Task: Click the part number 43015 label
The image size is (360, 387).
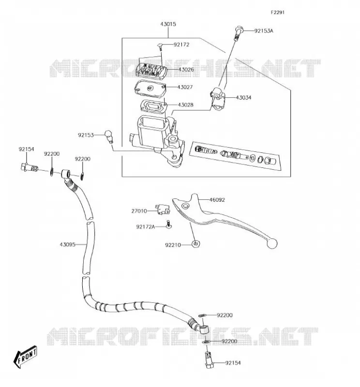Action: pos(168,24)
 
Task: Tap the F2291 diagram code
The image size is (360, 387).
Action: pos(278,13)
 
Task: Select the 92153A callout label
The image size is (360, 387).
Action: pos(264,31)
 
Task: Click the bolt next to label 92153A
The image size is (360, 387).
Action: pos(239,32)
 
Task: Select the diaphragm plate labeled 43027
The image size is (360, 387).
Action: pos(150,88)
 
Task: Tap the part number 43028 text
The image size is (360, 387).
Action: pos(185,105)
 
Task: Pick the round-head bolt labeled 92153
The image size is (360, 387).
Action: pos(109,136)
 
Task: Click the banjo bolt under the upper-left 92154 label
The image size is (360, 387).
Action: pos(29,168)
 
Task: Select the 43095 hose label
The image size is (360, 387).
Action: pos(67,245)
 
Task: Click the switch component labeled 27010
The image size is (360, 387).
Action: pos(163,209)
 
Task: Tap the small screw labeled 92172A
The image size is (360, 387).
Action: pos(169,224)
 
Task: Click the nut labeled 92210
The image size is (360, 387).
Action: pos(196,244)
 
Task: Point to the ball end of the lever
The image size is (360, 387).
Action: pos(271,243)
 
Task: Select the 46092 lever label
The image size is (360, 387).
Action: pos(217,200)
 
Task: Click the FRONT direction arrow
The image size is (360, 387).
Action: pos(26,357)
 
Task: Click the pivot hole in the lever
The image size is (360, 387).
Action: pos(185,206)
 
